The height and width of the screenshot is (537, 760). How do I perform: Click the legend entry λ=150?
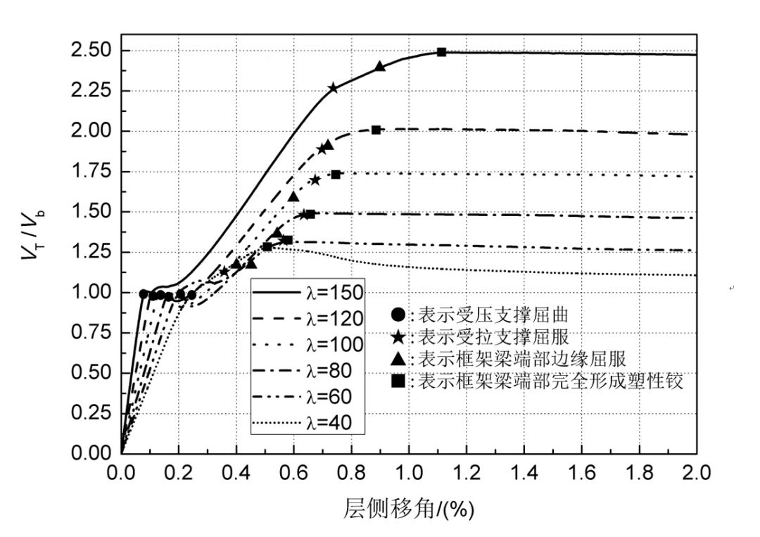tap(310, 292)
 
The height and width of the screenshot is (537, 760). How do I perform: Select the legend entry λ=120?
tap(310, 318)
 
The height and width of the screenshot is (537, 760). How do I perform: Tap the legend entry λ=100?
tap(310, 344)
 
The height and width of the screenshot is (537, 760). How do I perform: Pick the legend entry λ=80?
tap(310, 370)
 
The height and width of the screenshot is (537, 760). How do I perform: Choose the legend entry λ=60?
tap(310, 396)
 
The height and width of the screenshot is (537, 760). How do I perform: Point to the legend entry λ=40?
tap(310, 422)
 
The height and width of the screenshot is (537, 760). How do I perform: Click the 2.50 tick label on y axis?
tap(91, 51)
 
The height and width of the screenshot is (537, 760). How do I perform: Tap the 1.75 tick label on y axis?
tap(91, 171)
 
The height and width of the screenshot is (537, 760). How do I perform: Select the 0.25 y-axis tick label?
tap(91, 412)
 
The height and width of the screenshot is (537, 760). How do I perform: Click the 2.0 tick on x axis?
tap(696, 470)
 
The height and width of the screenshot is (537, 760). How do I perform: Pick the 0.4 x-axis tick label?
tap(236, 470)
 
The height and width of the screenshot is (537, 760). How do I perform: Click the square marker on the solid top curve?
tap(441, 52)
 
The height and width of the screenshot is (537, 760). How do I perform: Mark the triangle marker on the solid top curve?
tap(380, 66)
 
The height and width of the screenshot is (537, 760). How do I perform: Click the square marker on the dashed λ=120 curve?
tap(376, 129)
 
